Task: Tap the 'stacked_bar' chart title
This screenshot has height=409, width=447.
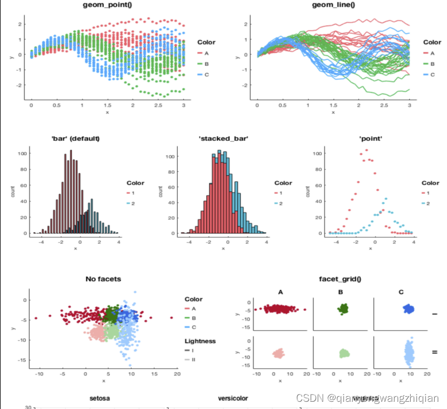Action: click(223, 138)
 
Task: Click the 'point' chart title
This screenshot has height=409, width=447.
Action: click(371, 138)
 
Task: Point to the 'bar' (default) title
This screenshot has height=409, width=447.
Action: click(76, 138)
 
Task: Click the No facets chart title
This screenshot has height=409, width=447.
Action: click(103, 279)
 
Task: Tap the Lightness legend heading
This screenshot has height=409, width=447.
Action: click(200, 341)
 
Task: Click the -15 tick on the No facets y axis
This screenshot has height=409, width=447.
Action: click(22, 360)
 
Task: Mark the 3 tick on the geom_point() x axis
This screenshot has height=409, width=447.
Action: click(183, 105)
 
